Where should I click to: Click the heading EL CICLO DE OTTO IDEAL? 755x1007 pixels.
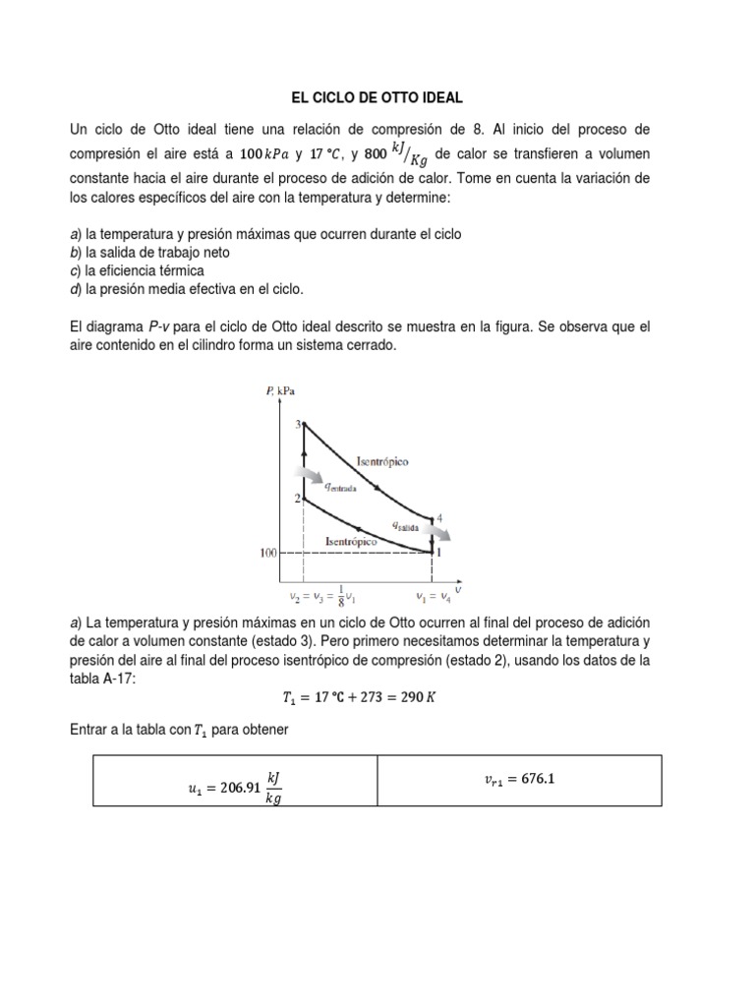pos(377,98)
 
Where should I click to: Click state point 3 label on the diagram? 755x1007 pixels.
pos(297,424)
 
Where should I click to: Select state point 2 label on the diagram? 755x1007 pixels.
pos(297,499)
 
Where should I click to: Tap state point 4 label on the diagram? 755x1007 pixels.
pos(439,517)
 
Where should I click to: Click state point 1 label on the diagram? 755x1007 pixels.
pos(439,553)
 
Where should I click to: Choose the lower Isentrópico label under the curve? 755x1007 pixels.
pos(352,542)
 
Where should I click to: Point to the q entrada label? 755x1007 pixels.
pos(337,485)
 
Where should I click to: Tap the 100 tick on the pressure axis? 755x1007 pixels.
pos(267,554)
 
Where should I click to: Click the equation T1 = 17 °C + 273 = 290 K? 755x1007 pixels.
pos(377,698)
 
